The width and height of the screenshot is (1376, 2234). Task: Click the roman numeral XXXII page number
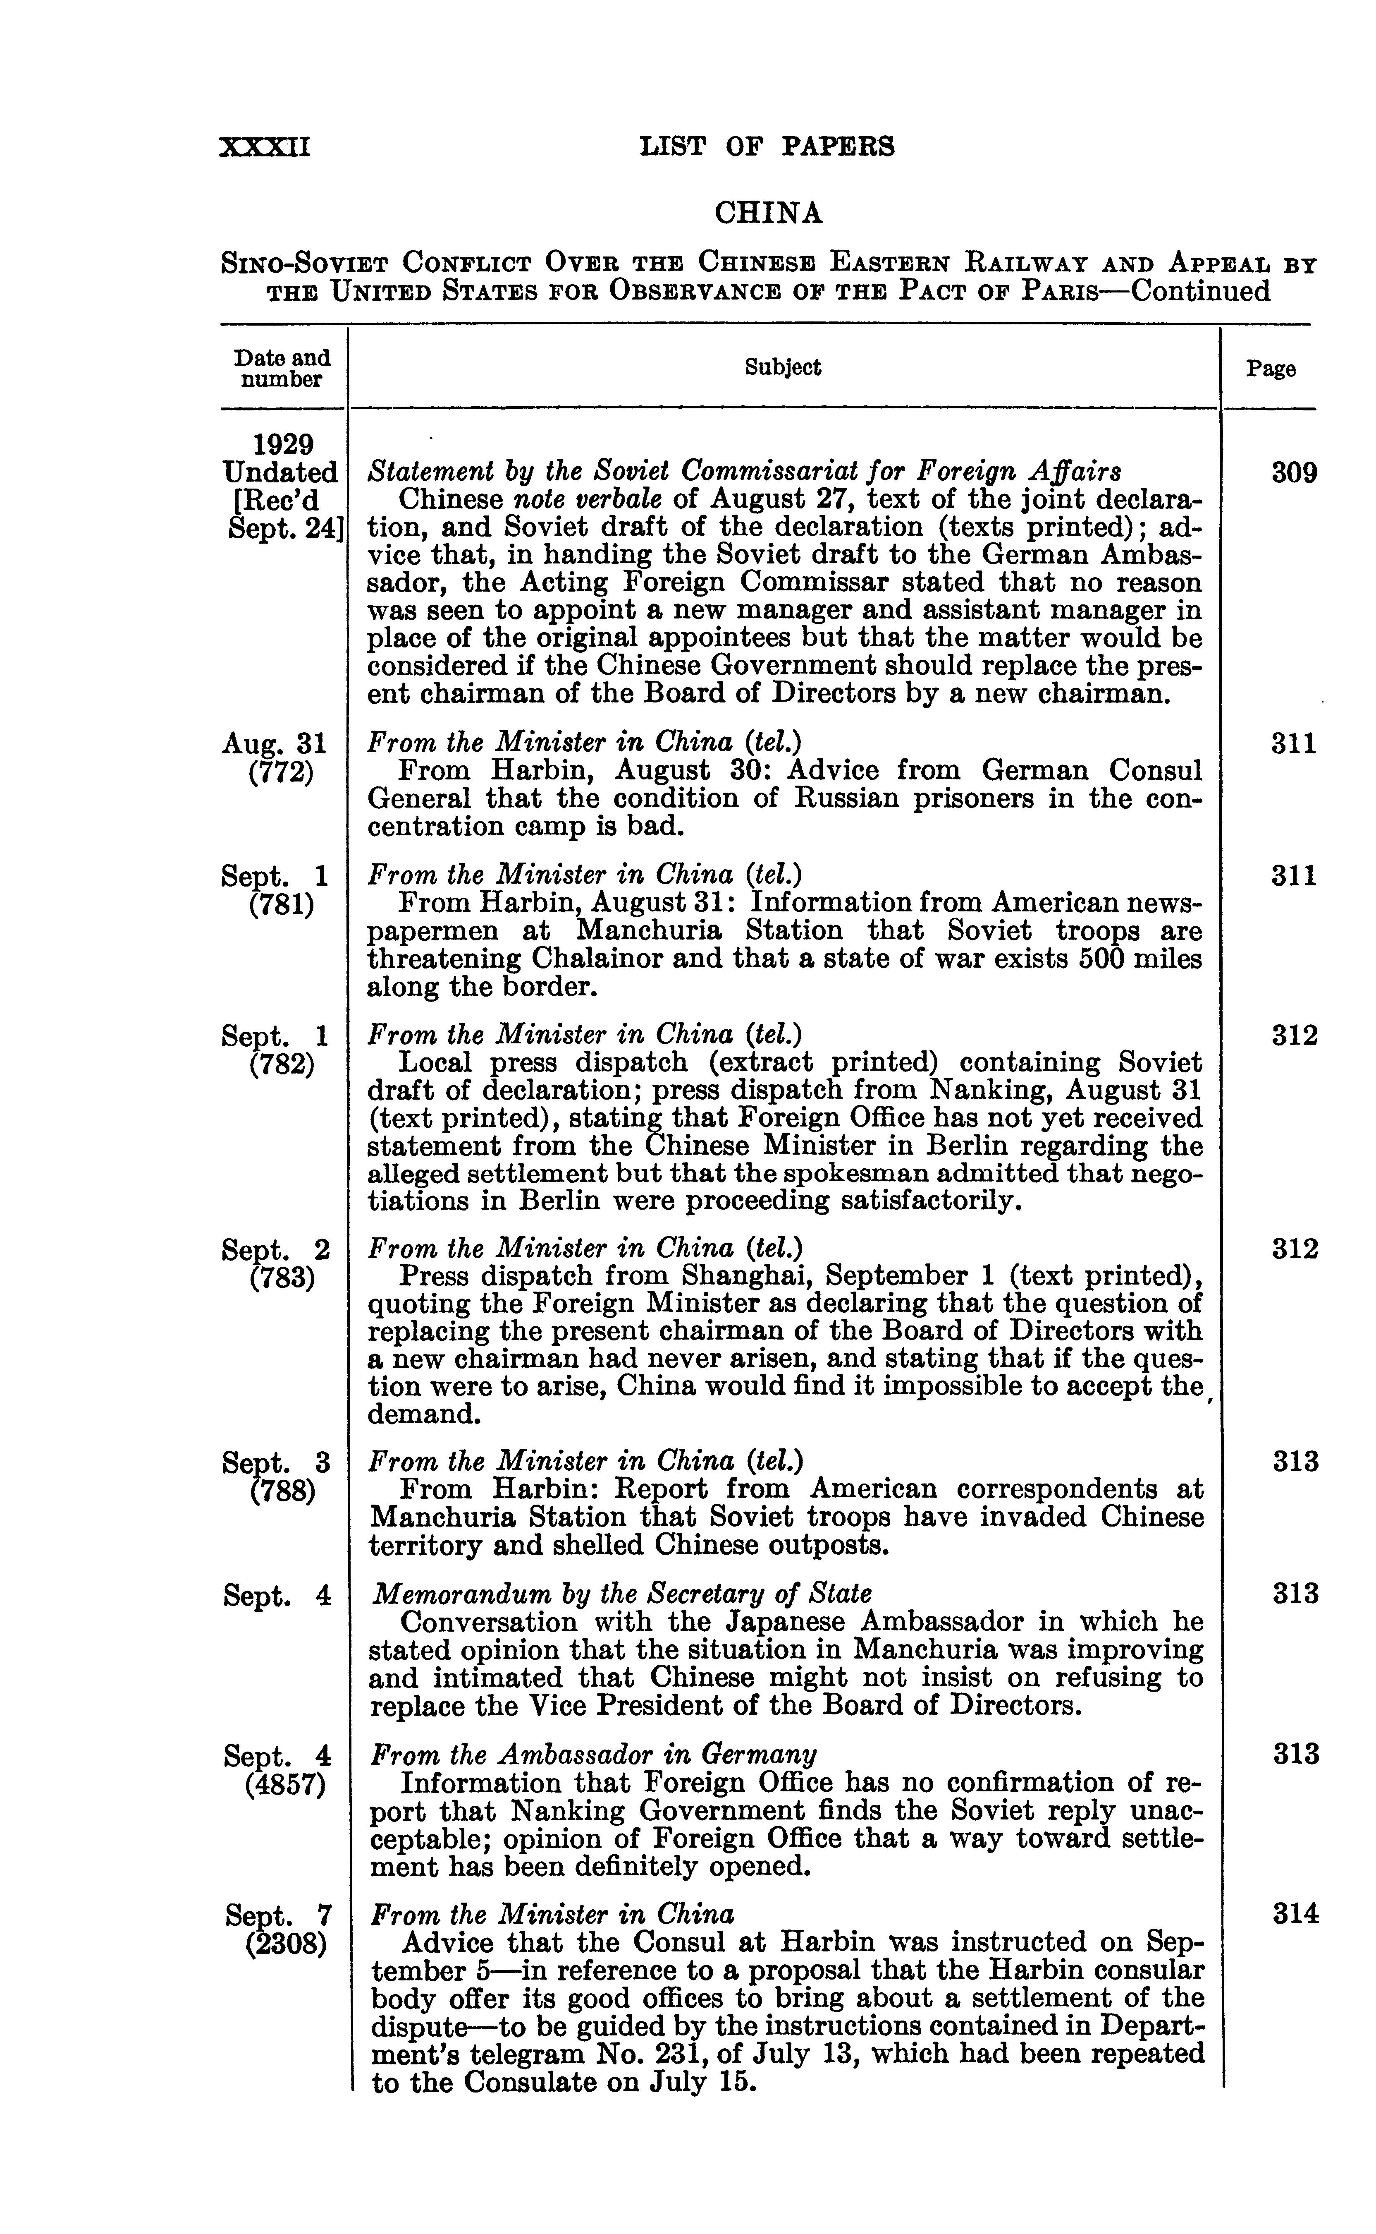point(265,146)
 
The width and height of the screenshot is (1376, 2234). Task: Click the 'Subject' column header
point(783,368)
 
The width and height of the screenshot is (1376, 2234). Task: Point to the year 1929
point(283,445)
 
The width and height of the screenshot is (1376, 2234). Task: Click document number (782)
point(281,1064)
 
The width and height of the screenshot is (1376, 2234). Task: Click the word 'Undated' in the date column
point(279,473)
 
